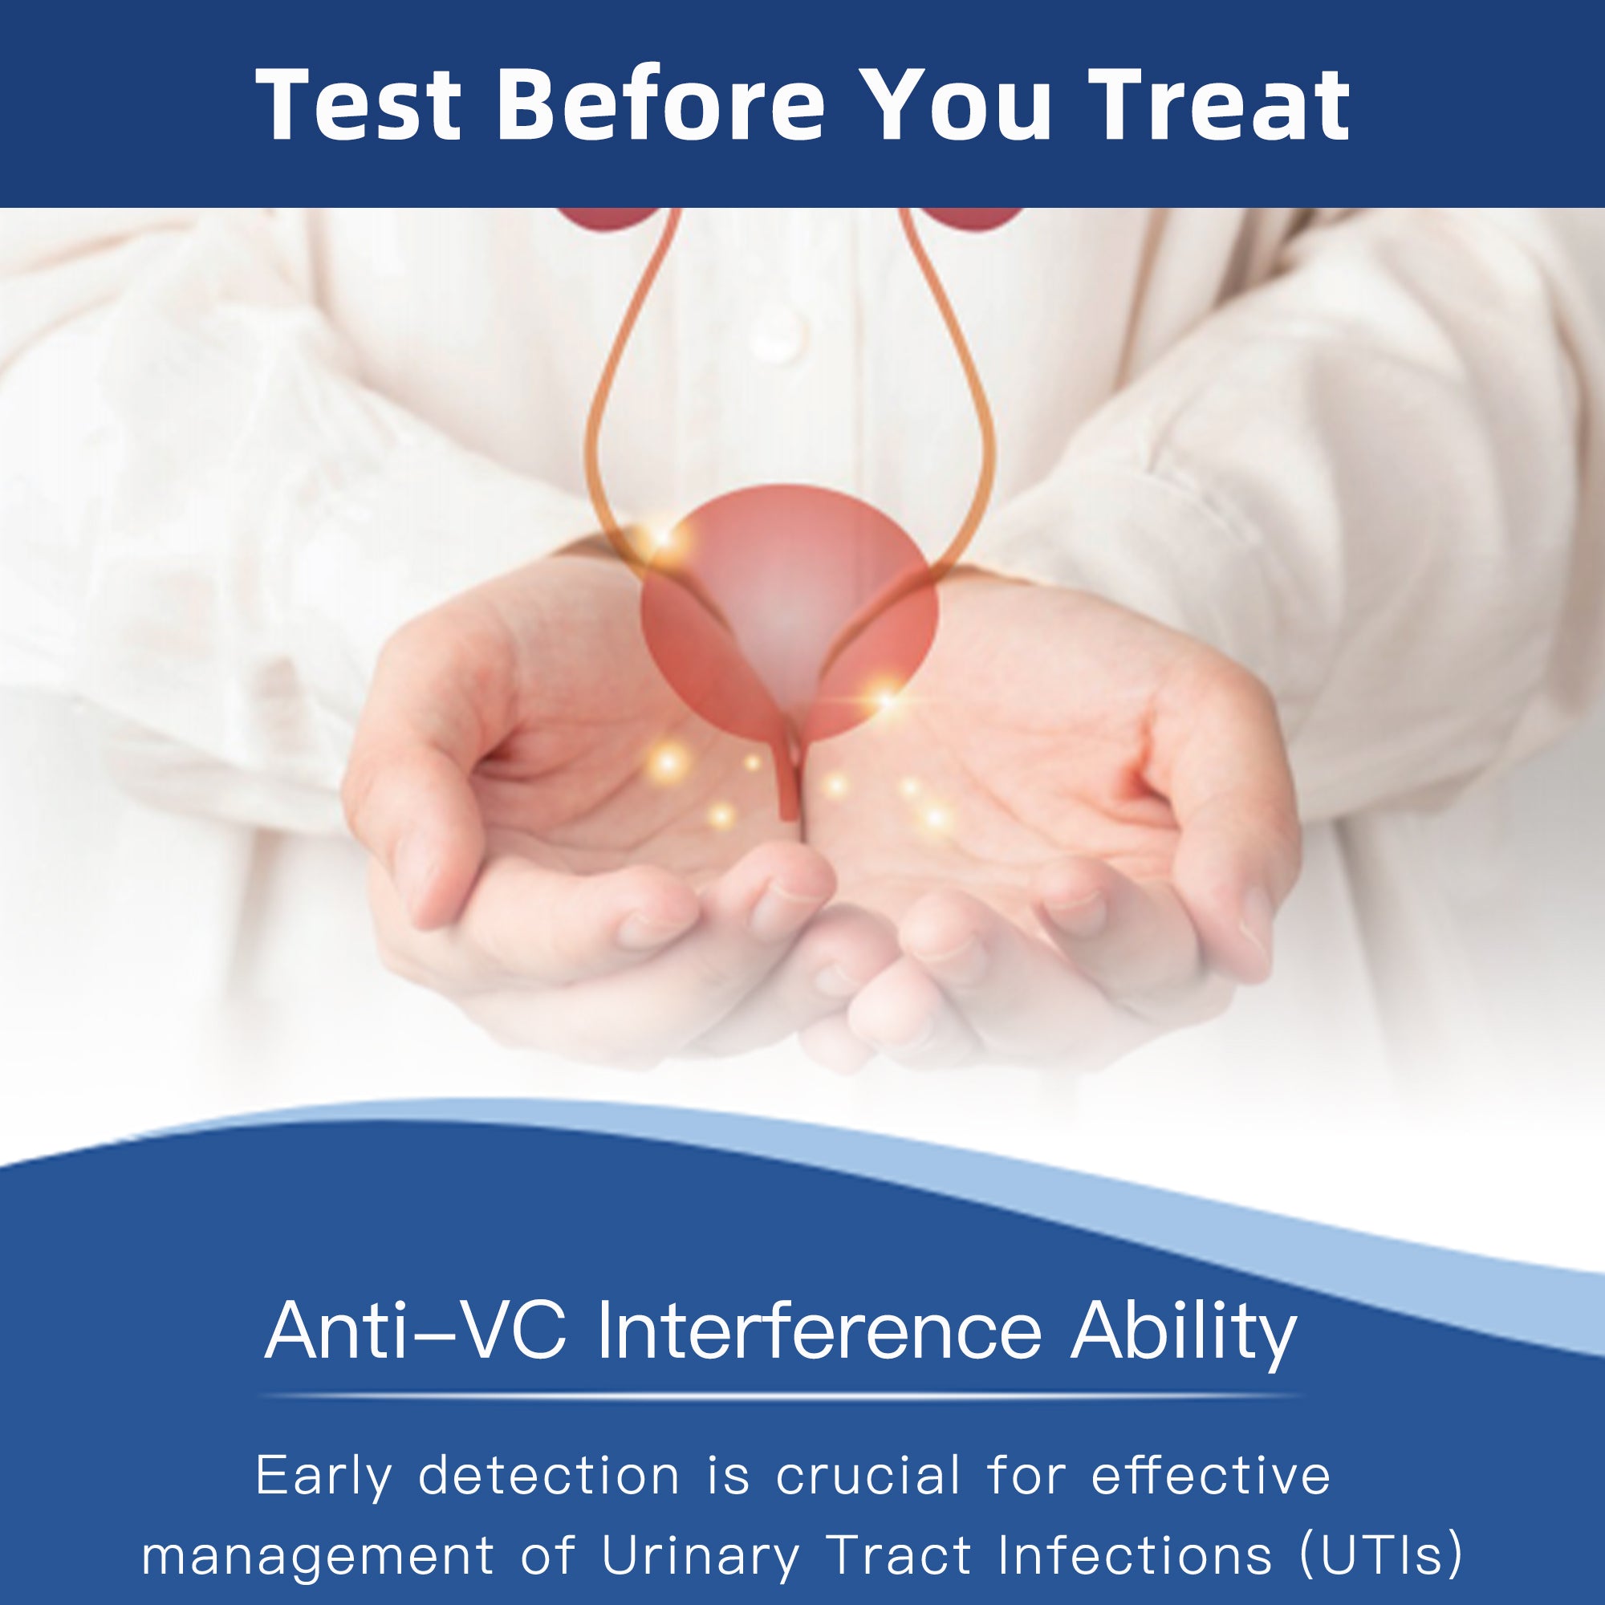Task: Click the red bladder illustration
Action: tap(789, 614)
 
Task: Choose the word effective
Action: tap(1211, 1476)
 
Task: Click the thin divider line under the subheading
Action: tap(781, 1396)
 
